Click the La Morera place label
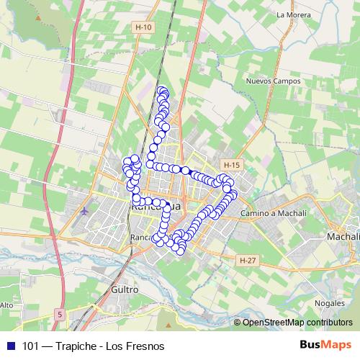[292, 14]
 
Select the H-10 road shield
[144, 27]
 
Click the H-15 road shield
[231, 165]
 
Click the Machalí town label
[343, 236]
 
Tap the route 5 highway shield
[58, 314]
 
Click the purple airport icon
[86, 212]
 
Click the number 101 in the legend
[31, 346]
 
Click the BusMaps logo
[325, 345]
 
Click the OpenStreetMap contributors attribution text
[297, 323]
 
